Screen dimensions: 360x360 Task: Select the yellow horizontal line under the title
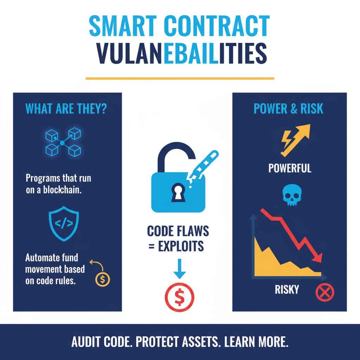[180, 78]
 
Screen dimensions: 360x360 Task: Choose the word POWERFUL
[290, 168]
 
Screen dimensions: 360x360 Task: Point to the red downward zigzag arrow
[292, 233]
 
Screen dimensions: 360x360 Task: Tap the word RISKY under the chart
[287, 290]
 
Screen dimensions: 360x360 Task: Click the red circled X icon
[325, 292]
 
